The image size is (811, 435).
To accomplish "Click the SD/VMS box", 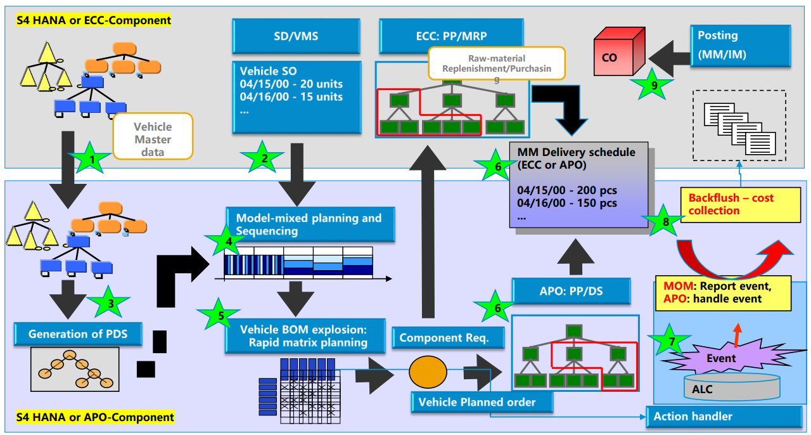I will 297,36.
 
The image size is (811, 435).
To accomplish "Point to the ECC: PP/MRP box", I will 452,36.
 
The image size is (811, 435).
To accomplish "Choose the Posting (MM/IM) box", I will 739,46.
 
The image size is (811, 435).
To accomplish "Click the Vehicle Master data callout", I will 153,136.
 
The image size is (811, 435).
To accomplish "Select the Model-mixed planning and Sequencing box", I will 310,224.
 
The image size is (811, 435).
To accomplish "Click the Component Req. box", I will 444,338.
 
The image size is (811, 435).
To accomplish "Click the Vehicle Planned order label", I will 482,402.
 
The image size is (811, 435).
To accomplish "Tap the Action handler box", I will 724,417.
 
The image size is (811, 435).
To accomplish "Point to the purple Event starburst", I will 721,358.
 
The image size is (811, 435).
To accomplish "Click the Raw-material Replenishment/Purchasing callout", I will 496,63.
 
